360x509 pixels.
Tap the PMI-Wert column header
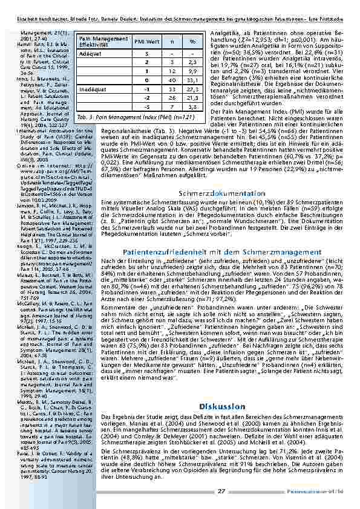[147, 41]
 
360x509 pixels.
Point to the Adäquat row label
[91, 53]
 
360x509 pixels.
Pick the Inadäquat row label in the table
[93, 89]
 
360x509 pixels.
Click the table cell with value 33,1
[192, 80]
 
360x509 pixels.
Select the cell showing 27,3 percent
[192, 89]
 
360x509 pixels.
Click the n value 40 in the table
[172, 80]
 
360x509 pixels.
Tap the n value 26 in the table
[172, 99]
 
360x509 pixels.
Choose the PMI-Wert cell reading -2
[147, 99]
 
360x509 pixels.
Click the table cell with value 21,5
[192, 99]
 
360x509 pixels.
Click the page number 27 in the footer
[221, 491]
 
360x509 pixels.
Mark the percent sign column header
[192, 41]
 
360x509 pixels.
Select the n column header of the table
[172, 41]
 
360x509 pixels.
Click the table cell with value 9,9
[192, 71]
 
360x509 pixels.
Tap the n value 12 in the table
[172, 71]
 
